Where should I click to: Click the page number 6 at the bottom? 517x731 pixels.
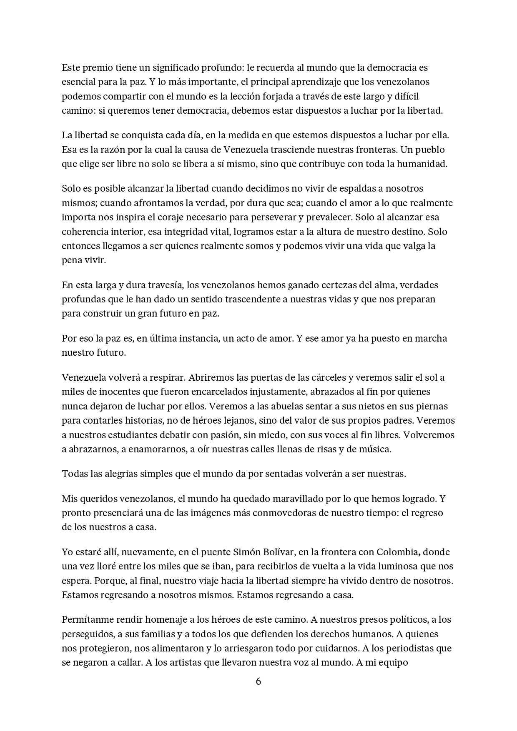click(258, 682)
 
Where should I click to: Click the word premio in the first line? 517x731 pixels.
click(97, 67)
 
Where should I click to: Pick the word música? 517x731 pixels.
click(373, 449)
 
